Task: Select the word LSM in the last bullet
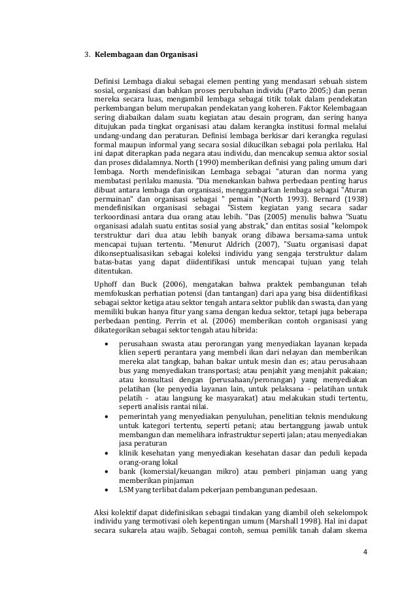click(125, 490)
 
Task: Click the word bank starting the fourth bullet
click(127, 471)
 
